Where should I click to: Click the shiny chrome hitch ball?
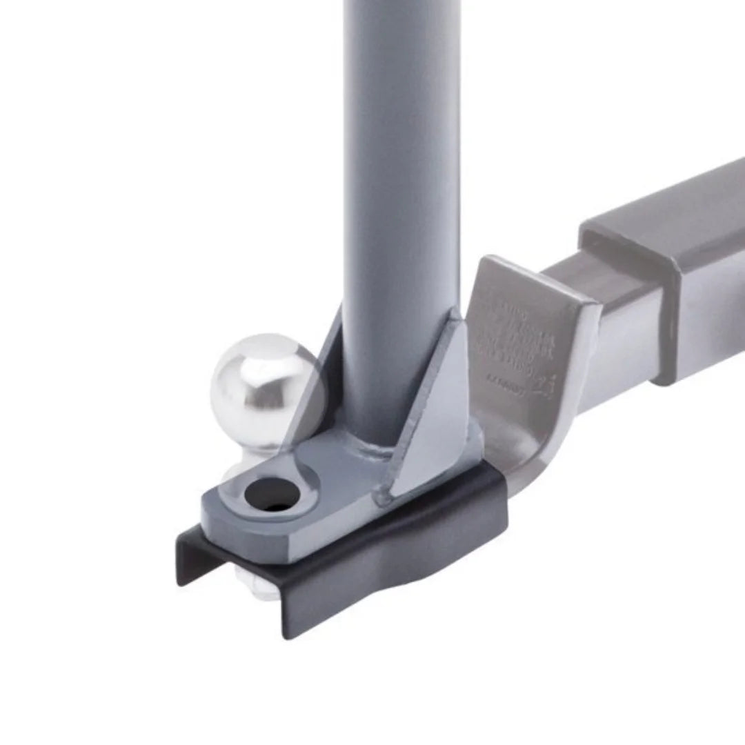pyautogui.click(x=259, y=390)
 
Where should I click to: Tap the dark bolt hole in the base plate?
pyautogui.click(x=270, y=494)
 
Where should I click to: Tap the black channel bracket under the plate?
pyautogui.click(x=386, y=552)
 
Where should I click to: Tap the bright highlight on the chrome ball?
pyautogui.click(x=238, y=372)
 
